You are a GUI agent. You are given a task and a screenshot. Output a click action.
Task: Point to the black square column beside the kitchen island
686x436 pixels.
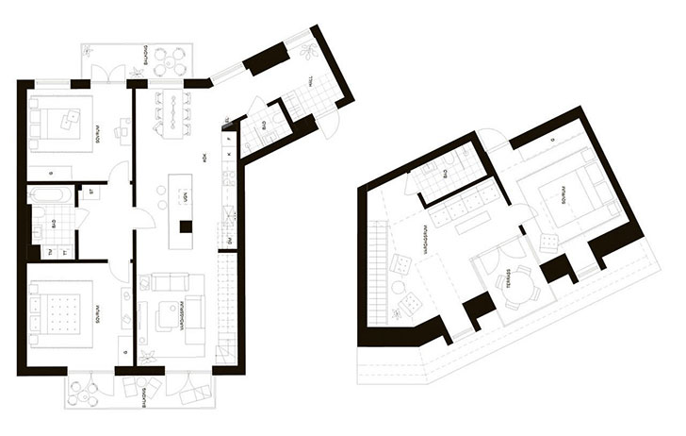[x=187, y=226]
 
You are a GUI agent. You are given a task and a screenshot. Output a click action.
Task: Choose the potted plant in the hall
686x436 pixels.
[x=308, y=54]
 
